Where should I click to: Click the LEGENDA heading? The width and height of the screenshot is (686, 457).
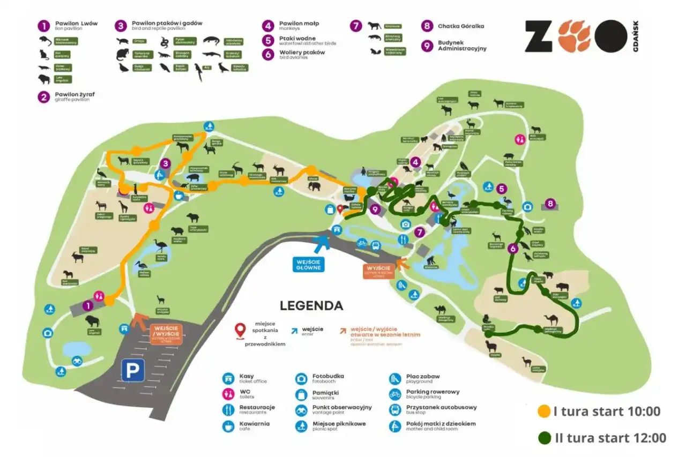pos(311,306)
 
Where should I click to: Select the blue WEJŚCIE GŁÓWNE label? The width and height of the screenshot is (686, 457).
pos(308,264)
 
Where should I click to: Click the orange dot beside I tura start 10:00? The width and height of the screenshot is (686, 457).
pos(544,411)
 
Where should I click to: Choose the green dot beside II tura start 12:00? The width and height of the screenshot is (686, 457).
pos(545,438)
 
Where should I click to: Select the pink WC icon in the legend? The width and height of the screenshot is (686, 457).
pos(229,394)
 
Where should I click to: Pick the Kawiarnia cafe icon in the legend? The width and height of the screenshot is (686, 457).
pos(229,426)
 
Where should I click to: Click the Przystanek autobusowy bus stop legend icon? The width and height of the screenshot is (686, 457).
pos(395,410)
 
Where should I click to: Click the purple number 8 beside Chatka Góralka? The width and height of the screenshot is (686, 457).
pos(427,26)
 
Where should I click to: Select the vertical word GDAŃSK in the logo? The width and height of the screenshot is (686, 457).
pos(635,36)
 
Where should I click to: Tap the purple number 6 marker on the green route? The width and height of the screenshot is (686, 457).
pos(512,248)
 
